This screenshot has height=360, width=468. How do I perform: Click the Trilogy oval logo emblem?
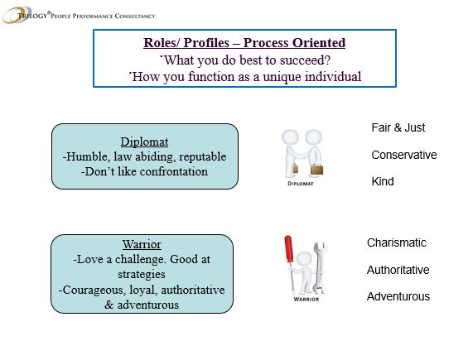coord(17,15)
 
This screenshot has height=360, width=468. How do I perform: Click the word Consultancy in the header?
coord(135,16)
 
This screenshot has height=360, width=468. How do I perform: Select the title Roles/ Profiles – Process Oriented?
coord(244,43)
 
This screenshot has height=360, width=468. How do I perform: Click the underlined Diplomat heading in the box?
coord(144,142)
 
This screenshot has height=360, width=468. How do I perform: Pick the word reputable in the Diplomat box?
coord(202,157)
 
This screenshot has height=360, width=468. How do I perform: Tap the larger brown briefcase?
coord(316,170)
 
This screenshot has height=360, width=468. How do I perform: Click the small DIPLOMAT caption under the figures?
coord(300,184)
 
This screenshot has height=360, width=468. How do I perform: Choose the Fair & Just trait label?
coord(398,127)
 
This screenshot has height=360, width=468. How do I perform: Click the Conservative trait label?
coord(404,155)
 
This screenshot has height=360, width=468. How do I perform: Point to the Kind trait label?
coord(383,181)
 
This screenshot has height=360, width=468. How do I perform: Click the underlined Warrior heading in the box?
coord(142,245)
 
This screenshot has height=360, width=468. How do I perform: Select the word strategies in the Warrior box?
coord(142,275)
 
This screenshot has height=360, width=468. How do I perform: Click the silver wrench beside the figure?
coord(319,267)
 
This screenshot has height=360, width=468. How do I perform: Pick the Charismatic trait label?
coord(397,242)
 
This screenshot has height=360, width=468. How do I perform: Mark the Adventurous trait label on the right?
coord(398,296)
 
